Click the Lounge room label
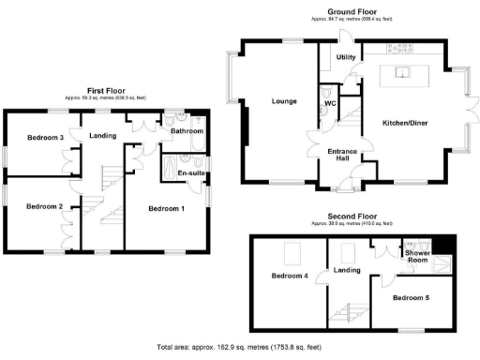[x=284, y=101]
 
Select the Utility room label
[x=346, y=58]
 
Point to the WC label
[x=330, y=102]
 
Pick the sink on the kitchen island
[x=403, y=72]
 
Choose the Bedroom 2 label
[x=44, y=207]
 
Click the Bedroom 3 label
[x=44, y=139]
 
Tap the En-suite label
[x=191, y=173]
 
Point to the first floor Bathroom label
[x=187, y=132]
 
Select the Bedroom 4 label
[x=289, y=276]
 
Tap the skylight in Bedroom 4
[x=292, y=252]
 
